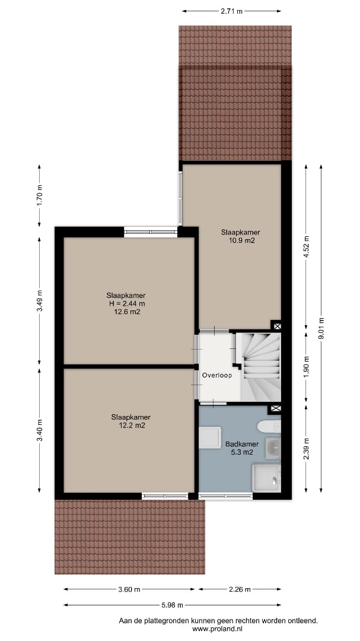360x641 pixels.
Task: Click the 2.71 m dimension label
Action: [232, 11]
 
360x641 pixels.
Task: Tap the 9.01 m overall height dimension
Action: [321, 329]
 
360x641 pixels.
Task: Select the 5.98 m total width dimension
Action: [172, 605]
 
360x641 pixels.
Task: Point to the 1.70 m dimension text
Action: [40, 196]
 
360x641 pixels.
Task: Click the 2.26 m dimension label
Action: [240, 589]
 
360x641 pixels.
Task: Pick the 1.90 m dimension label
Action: [307, 367]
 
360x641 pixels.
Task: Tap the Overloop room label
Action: [217, 375]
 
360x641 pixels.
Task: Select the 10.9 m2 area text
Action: [242, 241]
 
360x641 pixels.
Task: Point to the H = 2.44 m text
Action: [126, 303]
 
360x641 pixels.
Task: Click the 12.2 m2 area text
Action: [130, 426]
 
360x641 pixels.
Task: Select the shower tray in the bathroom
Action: [266, 477]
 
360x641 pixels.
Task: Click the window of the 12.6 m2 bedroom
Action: [151, 232]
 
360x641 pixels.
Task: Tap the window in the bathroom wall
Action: [225, 496]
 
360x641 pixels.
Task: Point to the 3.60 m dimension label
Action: [129, 589]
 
